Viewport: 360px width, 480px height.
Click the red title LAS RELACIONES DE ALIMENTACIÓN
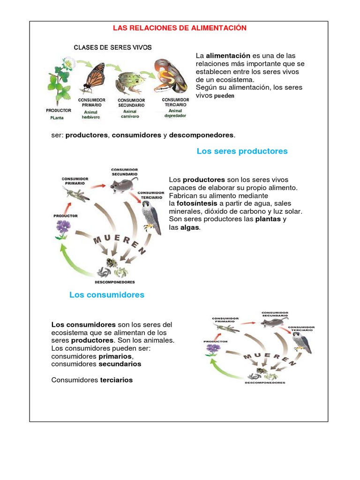[x=180, y=28]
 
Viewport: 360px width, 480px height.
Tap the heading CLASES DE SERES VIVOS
[x=112, y=47]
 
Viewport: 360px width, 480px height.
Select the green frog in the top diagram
[x=129, y=82]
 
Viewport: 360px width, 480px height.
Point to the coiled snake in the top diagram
[x=170, y=77]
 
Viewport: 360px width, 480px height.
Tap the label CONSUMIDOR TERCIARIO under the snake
[x=175, y=102]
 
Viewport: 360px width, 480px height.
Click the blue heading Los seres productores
[x=242, y=151]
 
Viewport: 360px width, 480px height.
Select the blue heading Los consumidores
[x=107, y=295]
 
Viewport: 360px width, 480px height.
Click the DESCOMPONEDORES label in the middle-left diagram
[x=115, y=282]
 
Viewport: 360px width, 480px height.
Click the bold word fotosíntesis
[x=196, y=203]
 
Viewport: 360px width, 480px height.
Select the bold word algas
[x=190, y=227]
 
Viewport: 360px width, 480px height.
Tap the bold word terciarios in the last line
[x=116, y=380]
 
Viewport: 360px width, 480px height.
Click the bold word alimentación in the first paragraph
[x=225, y=56]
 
